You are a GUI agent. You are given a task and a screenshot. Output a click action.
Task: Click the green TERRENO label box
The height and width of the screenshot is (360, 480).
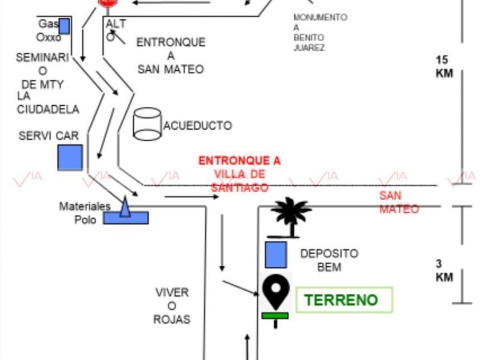coord(344,300)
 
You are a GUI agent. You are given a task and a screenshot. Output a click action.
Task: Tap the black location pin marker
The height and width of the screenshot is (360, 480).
coord(277,291)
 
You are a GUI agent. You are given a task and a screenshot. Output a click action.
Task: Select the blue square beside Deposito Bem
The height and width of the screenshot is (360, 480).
coord(276,255)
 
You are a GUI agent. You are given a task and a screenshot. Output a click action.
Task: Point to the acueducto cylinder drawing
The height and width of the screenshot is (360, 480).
coord(147,125)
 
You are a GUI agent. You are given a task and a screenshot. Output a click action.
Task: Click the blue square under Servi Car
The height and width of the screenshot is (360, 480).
coord(70,158)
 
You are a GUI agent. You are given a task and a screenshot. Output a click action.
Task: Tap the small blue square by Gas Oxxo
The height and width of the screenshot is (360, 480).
coord(65,26)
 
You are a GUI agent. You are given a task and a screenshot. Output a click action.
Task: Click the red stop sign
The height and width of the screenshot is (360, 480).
coord(107,2)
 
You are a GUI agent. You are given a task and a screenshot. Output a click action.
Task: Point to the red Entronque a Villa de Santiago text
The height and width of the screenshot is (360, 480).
coord(240,174)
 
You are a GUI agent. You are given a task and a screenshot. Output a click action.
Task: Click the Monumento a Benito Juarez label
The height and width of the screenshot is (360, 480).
coord(320,33)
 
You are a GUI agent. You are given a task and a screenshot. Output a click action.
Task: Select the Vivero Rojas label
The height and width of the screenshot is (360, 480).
coord(171,306)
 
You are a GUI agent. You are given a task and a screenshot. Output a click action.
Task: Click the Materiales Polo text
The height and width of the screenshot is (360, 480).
coord(85,213)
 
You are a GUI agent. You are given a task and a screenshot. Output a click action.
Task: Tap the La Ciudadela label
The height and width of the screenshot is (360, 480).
coord(48,102)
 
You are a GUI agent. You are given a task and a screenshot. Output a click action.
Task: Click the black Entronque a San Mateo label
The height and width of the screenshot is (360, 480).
coord(170,56)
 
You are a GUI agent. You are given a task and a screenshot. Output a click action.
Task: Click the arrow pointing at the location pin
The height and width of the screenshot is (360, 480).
coord(240,287)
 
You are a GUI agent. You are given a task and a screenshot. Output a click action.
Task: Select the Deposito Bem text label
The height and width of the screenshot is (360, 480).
coord(329,259)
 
